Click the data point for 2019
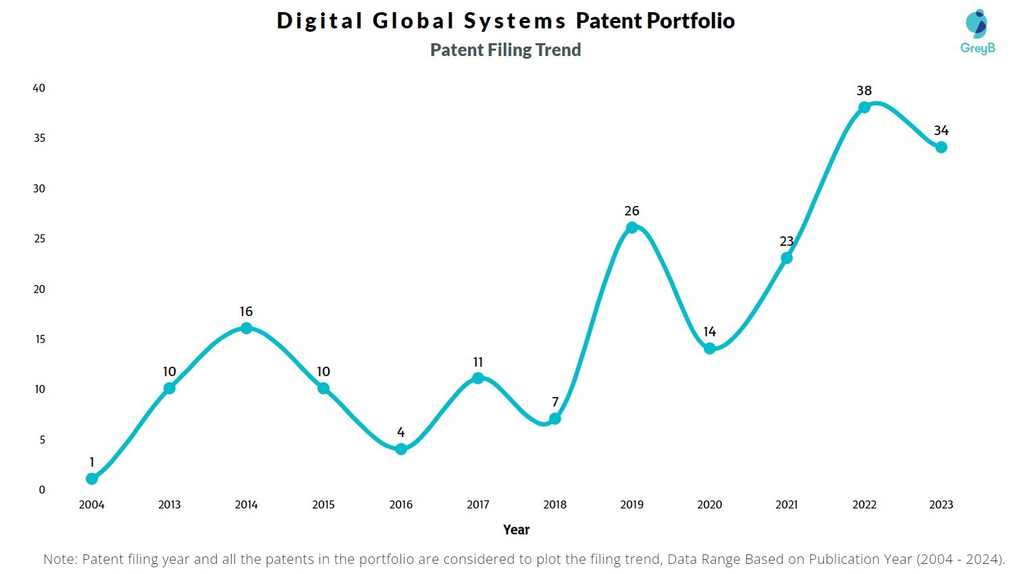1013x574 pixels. coord(631,228)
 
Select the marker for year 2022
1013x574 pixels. coord(864,107)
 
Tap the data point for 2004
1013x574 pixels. coord(92,479)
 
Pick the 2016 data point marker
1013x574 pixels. coord(400,449)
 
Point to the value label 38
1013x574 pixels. coord(864,90)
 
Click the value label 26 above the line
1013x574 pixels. coord(631,211)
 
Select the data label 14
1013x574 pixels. coord(709,332)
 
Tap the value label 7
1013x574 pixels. coord(555,402)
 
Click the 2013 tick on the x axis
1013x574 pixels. coord(169,504)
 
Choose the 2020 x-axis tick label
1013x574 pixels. coord(709,504)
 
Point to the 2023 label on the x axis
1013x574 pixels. coord(941,504)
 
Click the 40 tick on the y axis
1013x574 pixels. coord(39,88)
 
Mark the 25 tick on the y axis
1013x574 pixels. coord(39,238)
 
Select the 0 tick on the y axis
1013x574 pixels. coord(42,490)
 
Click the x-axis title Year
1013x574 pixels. coord(516,529)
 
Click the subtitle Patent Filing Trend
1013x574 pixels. coord(505,50)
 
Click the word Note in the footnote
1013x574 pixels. coord(59,559)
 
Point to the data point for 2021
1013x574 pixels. coord(786,258)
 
